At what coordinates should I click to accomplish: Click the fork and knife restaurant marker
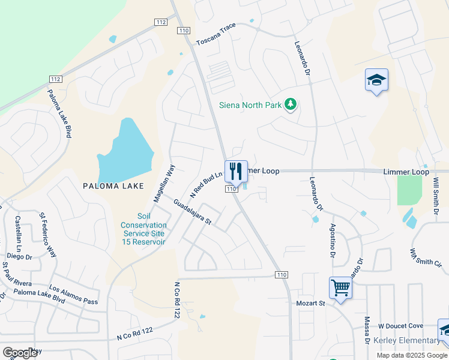pyautogui.click(x=236, y=170)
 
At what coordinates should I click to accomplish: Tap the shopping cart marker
pyautogui.click(x=340, y=288)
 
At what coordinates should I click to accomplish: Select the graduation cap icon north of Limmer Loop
pyautogui.click(x=376, y=80)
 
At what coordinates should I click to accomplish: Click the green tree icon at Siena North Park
pyautogui.click(x=291, y=105)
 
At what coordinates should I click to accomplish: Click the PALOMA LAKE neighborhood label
pyautogui.click(x=113, y=186)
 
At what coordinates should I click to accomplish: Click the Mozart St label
pyautogui.click(x=310, y=304)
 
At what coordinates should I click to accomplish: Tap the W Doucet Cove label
pyautogui.click(x=400, y=326)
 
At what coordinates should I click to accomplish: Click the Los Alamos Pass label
pyautogui.click(x=74, y=296)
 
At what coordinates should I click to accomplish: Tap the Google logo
pyautogui.click(x=20, y=353)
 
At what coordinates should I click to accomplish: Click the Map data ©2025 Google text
pyautogui.click(x=411, y=355)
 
